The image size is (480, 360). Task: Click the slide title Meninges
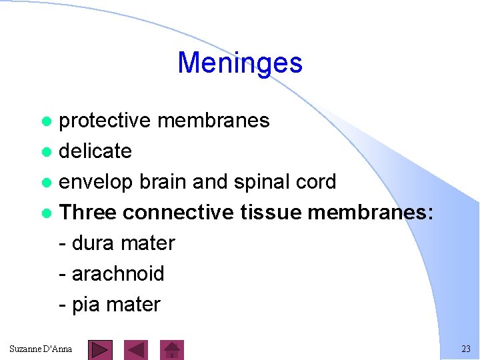click(240, 63)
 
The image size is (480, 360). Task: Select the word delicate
click(95, 151)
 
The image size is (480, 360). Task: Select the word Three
click(87, 213)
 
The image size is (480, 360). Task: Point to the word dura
click(94, 243)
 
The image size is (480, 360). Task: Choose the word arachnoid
click(117, 274)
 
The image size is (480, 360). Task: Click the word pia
click(85, 305)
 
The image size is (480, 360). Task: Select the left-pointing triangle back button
click(137, 349)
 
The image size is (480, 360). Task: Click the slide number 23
click(465, 349)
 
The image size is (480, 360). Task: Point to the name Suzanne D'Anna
click(41, 349)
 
